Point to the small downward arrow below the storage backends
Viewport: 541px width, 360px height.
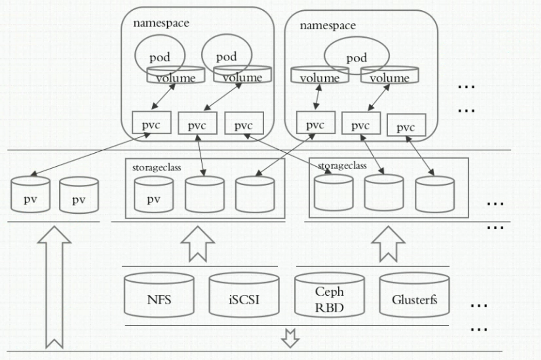tap(291, 338)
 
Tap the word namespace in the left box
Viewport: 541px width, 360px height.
tap(161, 23)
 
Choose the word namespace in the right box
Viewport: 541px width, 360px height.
tap(328, 25)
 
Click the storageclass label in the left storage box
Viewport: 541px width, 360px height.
tap(157, 167)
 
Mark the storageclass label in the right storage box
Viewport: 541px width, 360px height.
tap(342, 165)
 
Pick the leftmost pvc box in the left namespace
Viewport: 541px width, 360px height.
tap(151, 123)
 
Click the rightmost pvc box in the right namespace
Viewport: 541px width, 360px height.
tap(406, 125)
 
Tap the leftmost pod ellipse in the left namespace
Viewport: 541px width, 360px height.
tap(160, 56)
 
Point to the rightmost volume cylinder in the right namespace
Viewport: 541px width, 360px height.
tap(390, 75)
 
